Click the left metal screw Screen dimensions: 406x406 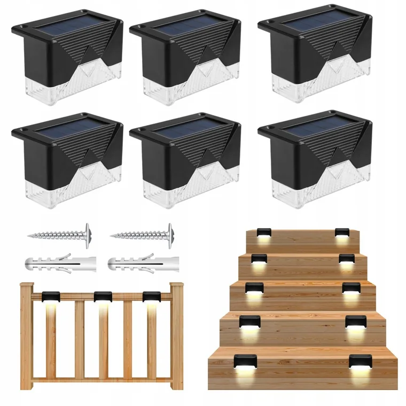coord(57,233)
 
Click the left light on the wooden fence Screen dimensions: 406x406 coord(52,296)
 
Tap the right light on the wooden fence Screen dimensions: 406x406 coord(152,296)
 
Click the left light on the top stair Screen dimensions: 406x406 coord(262,233)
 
